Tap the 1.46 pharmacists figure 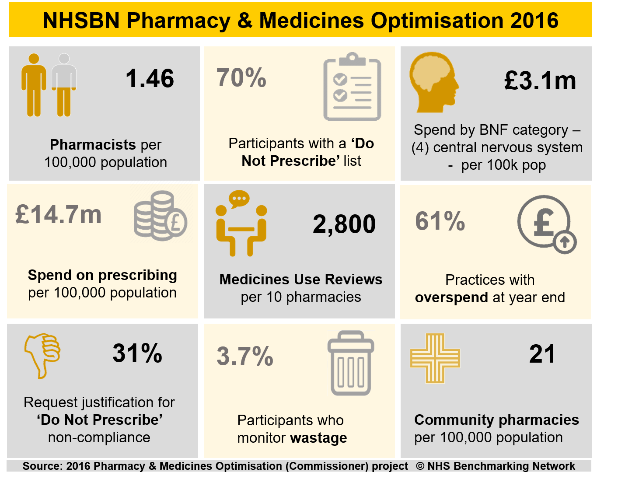point(150,79)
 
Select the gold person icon point(34,85)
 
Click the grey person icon point(64,85)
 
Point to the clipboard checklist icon point(352,87)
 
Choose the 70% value point(241,78)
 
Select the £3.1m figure point(540,81)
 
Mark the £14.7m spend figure point(58,215)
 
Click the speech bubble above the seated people point(239,199)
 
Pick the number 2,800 point(344,224)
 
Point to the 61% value point(440,221)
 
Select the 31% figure point(137,353)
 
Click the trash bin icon point(351,363)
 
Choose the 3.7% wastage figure point(245,356)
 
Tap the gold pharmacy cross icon point(435,358)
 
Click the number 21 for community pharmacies point(542,354)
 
